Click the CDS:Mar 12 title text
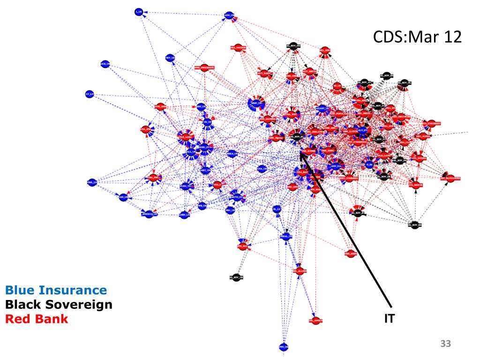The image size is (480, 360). (417, 36)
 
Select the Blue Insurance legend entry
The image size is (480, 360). (56, 291)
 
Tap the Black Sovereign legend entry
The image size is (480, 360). (59, 305)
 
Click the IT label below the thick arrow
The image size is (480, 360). (389, 319)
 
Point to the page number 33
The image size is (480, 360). (445, 345)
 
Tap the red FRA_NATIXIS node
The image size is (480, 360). (239, 48)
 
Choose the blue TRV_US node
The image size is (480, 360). (171, 58)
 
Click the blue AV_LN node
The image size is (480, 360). (90, 94)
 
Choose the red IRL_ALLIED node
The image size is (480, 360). (300, 271)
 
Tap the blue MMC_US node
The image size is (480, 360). (256, 102)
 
